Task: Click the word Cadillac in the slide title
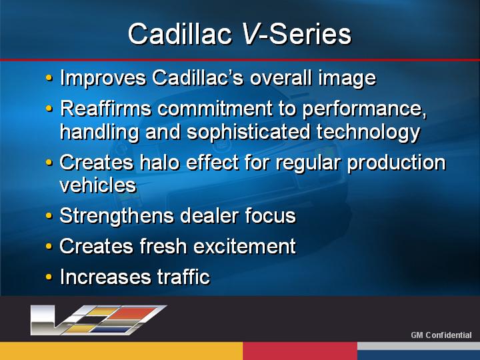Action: coord(180,34)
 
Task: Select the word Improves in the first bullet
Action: coord(103,78)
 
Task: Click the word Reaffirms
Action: coord(105,108)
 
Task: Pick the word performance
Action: coord(364,109)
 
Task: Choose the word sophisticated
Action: coord(248,132)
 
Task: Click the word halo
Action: coord(159,162)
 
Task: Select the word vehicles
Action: coord(97,185)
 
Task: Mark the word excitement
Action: coord(245,247)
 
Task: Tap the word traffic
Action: coord(183,277)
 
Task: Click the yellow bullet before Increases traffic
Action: coord(49,277)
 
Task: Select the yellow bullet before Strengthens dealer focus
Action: coord(49,216)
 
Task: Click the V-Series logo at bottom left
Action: coord(98,320)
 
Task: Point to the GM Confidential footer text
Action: coord(441,335)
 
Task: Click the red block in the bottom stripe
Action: coord(300,351)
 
